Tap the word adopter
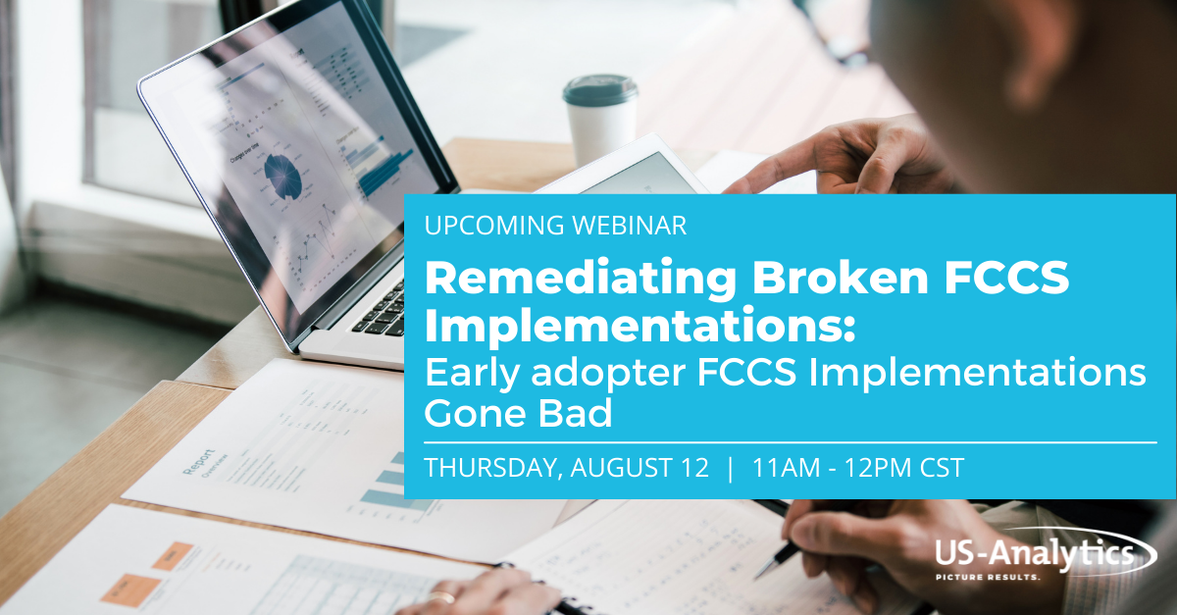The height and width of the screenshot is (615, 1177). point(588,374)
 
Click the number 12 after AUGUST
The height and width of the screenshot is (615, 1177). point(691,469)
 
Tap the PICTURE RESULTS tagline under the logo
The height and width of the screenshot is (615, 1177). point(1026,578)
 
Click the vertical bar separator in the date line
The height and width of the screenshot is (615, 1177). point(730,469)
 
